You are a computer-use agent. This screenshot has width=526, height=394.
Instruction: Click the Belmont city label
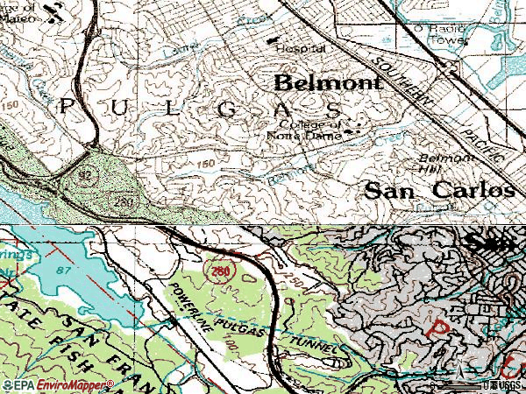pos(329,83)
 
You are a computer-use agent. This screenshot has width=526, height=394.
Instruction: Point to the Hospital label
pos(301,50)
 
